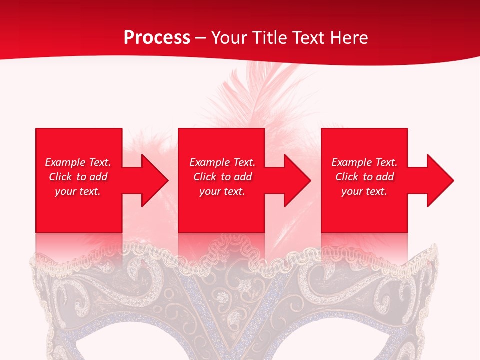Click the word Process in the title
[157, 38]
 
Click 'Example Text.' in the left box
[78, 162]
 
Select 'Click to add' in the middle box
[222, 177]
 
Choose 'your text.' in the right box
[364, 191]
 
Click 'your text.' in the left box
[78, 191]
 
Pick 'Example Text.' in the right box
[364, 162]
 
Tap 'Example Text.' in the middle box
[222, 162]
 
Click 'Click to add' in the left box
[78, 177]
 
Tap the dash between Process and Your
[201, 38]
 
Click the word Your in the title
[230, 38]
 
